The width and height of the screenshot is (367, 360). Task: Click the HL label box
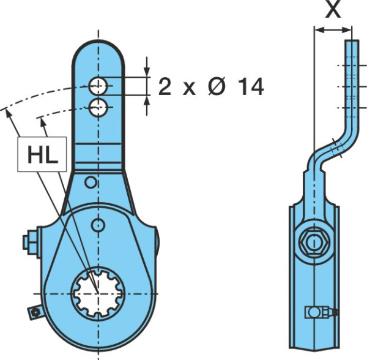(x=42, y=154)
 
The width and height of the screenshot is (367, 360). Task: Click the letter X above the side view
(x=333, y=9)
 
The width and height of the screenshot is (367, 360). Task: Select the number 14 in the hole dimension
(x=251, y=87)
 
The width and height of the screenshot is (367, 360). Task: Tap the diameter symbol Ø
(x=217, y=86)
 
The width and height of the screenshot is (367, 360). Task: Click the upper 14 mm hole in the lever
(x=98, y=86)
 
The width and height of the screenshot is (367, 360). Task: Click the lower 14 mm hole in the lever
(x=98, y=108)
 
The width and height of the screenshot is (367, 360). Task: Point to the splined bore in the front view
(x=98, y=293)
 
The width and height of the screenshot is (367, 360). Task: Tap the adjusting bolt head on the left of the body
(x=30, y=242)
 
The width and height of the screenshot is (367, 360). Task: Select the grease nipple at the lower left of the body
(x=35, y=312)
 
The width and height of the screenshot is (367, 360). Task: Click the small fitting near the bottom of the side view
(x=321, y=312)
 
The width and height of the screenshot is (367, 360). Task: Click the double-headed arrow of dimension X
(x=333, y=30)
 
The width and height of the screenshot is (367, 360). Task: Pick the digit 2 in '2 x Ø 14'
(x=165, y=87)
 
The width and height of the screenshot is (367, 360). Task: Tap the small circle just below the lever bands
(x=91, y=182)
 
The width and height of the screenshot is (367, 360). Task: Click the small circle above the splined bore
(x=98, y=225)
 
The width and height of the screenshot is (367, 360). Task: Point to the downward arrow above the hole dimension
(x=147, y=66)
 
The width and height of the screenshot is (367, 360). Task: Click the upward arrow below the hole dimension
(x=147, y=106)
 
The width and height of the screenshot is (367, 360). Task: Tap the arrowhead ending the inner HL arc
(x=43, y=122)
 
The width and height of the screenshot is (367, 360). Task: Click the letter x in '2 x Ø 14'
(x=190, y=89)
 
